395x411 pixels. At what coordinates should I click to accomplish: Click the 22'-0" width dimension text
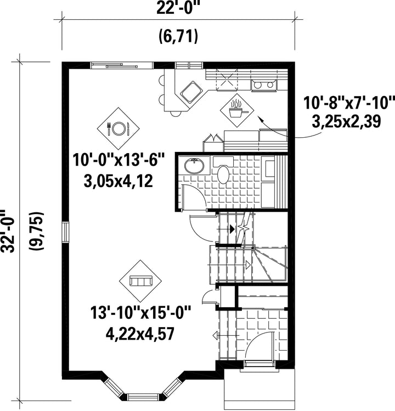click(x=178, y=8)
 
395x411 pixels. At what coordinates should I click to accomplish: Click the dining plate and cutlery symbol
click(x=118, y=128)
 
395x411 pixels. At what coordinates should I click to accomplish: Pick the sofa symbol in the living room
click(x=141, y=281)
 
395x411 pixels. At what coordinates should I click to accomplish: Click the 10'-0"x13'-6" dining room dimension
click(x=119, y=160)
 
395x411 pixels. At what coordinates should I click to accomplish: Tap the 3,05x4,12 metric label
click(x=118, y=181)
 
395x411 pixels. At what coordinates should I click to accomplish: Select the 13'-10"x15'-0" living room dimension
click(x=140, y=312)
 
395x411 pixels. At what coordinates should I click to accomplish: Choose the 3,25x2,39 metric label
click(x=346, y=122)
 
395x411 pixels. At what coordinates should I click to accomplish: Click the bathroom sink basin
click(x=194, y=166)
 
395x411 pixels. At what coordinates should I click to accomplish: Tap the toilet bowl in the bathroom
click(x=223, y=174)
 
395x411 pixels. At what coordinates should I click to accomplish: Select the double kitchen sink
click(x=264, y=85)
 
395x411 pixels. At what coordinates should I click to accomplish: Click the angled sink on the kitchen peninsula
click(x=191, y=92)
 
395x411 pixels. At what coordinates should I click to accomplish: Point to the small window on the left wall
click(x=65, y=232)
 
